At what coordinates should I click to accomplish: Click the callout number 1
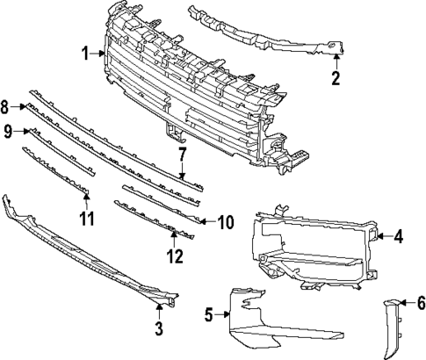[x=85, y=54]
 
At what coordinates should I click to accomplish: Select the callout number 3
[x=159, y=330]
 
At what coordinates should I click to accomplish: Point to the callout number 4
[x=398, y=235]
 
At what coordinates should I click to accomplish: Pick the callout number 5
[x=209, y=313]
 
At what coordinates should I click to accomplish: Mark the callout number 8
[x=7, y=107]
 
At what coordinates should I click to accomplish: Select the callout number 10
[x=225, y=222]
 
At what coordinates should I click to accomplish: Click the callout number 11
[x=85, y=217]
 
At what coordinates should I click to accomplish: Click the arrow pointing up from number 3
[x=159, y=310]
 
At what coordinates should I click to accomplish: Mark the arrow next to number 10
[x=207, y=222]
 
